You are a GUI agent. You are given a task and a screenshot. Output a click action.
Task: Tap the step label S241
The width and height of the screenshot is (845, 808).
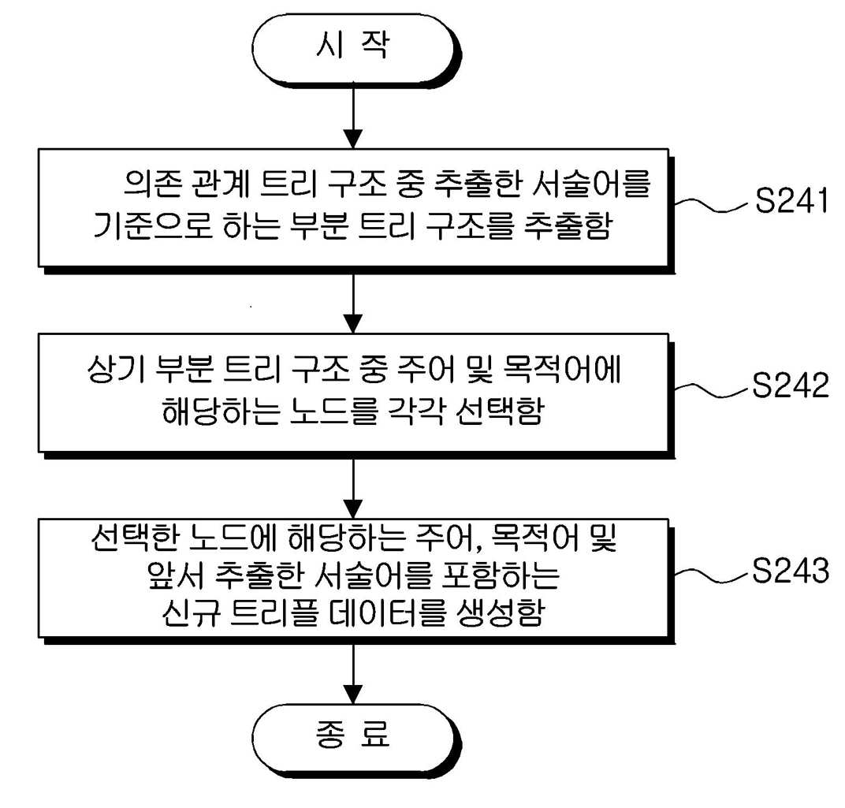click(x=791, y=200)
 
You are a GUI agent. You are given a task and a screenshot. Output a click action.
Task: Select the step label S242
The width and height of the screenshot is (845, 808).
click(x=791, y=385)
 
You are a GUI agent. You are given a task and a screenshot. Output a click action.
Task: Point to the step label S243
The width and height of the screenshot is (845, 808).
click(x=791, y=570)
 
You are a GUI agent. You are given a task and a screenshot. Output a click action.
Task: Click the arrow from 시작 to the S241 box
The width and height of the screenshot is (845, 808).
click(x=353, y=117)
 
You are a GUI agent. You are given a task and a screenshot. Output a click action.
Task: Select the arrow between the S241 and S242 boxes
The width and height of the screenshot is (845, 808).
click(x=353, y=303)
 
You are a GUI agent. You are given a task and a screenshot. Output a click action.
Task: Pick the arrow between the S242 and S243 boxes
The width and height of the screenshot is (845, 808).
click(x=353, y=489)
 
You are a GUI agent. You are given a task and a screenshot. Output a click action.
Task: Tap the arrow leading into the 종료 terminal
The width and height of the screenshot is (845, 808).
click(x=353, y=674)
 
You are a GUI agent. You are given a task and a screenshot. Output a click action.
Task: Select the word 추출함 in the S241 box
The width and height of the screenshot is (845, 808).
click(x=568, y=226)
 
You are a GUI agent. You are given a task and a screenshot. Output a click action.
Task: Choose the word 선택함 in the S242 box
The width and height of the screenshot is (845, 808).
click(x=499, y=411)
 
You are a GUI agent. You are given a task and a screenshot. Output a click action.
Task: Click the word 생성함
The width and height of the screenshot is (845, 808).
click(x=500, y=613)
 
